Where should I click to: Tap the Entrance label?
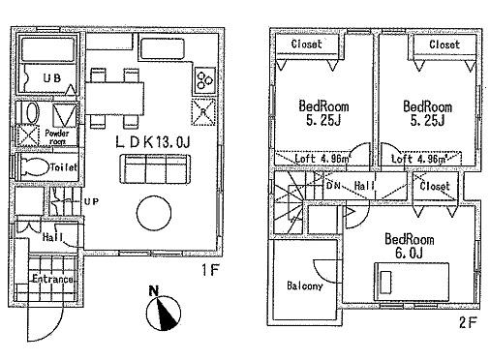[x=51, y=280]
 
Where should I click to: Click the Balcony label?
[x=304, y=286]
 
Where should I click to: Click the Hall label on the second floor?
[x=364, y=183]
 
